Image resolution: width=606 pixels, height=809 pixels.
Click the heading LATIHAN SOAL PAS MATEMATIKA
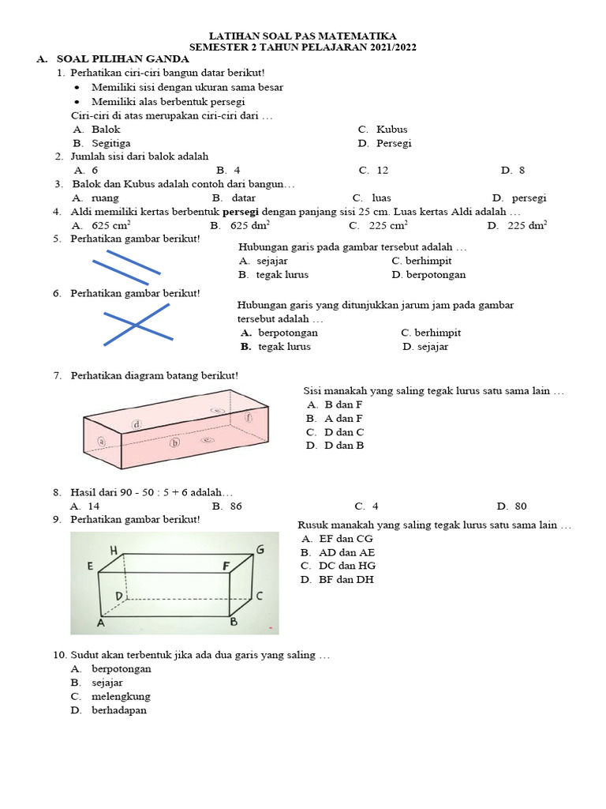pyautogui.click(x=302, y=36)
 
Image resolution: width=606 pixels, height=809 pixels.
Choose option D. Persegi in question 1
pyautogui.click(x=384, y=144)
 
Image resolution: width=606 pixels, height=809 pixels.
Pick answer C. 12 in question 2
pyautogui.click(x=373, y=171)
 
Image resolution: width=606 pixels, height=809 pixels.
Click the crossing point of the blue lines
pyautogui.click(x=136, y=325)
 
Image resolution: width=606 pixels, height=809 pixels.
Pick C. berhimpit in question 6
pyautogui.click(x=431, y=333)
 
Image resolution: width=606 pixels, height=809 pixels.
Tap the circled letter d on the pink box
pyautogui.click(x=137, y=424)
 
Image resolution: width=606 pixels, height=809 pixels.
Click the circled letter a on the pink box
pyautogui.click(x=102, y=442)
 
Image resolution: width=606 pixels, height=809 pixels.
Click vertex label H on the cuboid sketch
pyautogui.click(x=114, y=550)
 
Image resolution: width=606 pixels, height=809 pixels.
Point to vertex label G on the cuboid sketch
pyautogui.click(x=260, y=549)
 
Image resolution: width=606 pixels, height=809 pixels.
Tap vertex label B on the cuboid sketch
pyautogui.click(x=233, y=622)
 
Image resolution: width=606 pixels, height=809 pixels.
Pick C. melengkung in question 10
pyautogui.click(x=110, y=697)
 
